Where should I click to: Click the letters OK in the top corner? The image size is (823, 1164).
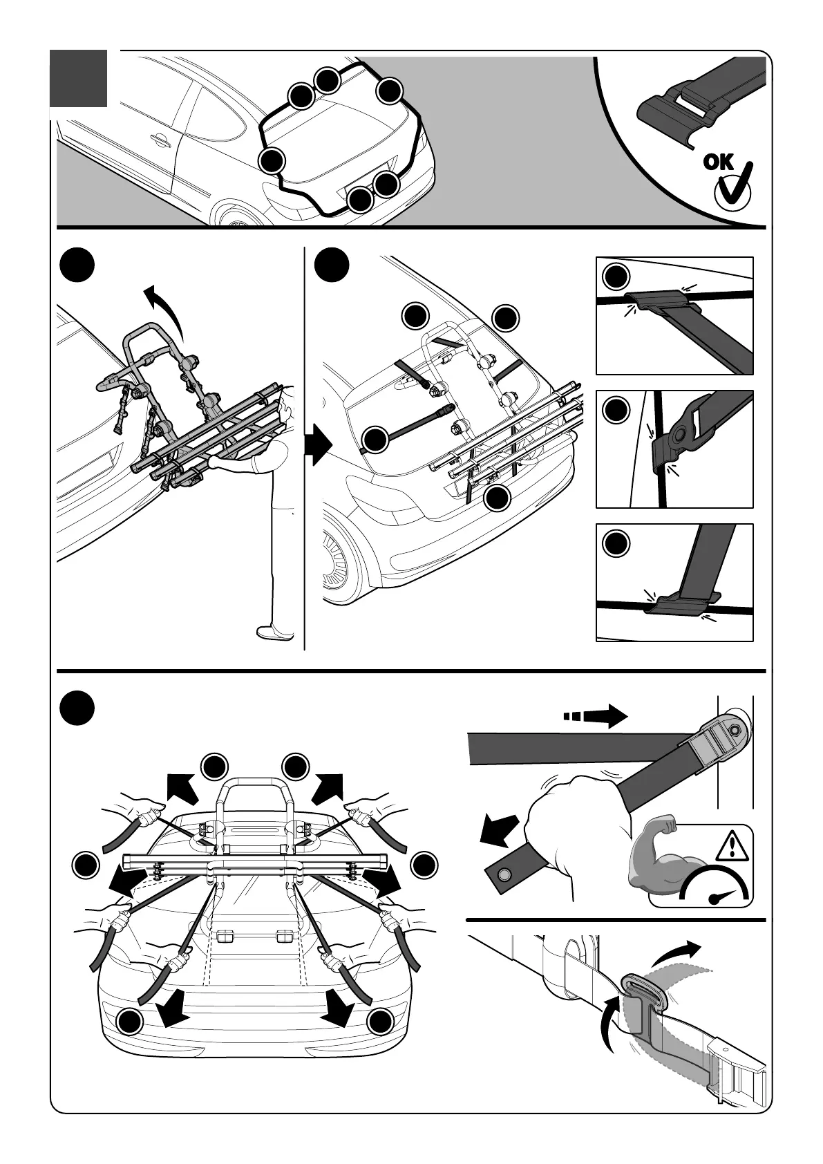pos(719,162)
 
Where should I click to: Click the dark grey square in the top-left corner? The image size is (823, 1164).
pos(79,78)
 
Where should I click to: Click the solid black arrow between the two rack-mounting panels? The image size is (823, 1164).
pos(318,445)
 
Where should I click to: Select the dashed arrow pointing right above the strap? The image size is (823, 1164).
pos(596,715)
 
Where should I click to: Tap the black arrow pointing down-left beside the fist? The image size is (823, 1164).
pos(498,830)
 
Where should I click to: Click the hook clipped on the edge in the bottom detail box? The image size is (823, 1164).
pos(681,603)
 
